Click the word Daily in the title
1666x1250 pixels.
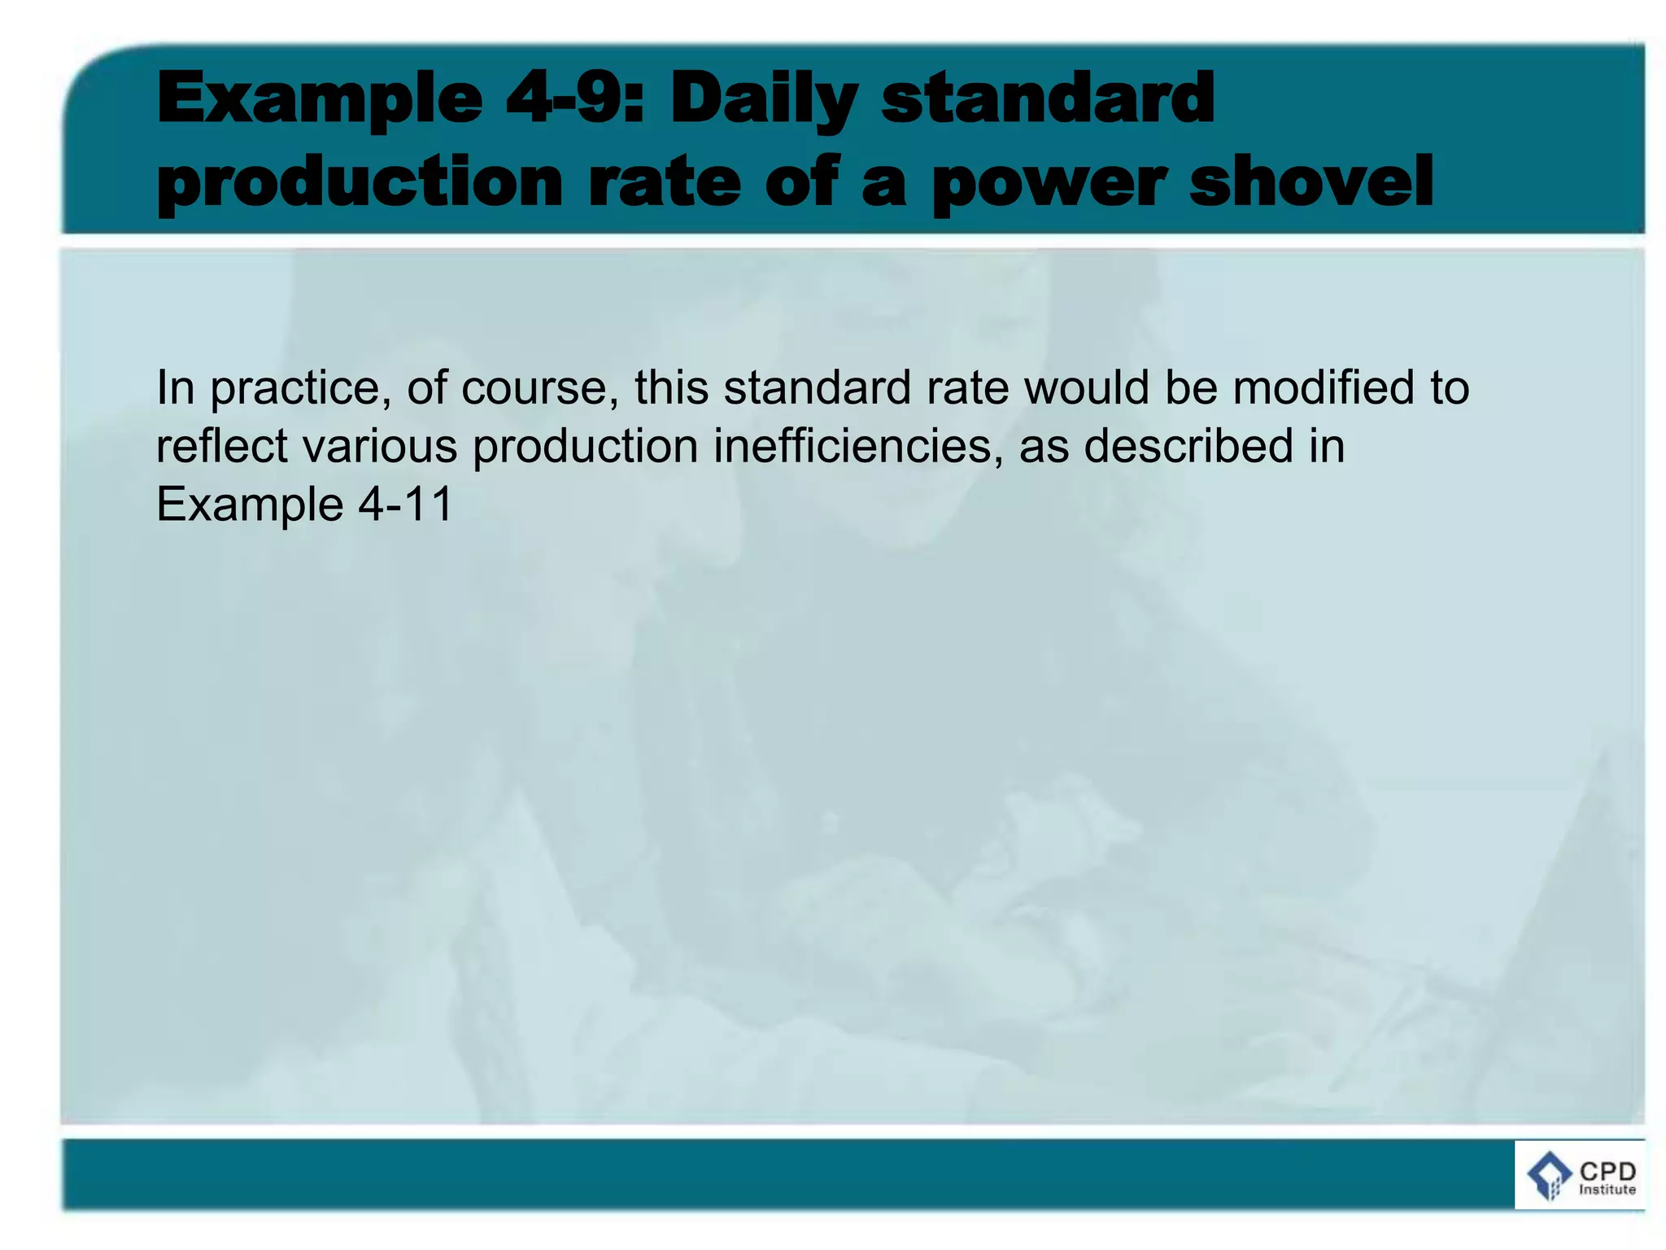click(763, 99)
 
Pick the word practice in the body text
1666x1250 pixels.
click(295, 388)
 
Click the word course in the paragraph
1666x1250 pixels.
click(534, 387)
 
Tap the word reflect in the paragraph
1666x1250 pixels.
click(221, 446)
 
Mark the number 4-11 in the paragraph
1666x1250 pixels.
click(405, 505)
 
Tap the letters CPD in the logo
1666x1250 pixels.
click(1607, 1171)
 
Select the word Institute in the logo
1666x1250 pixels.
click(1607, 1190)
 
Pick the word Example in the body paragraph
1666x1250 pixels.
click(250, 505)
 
